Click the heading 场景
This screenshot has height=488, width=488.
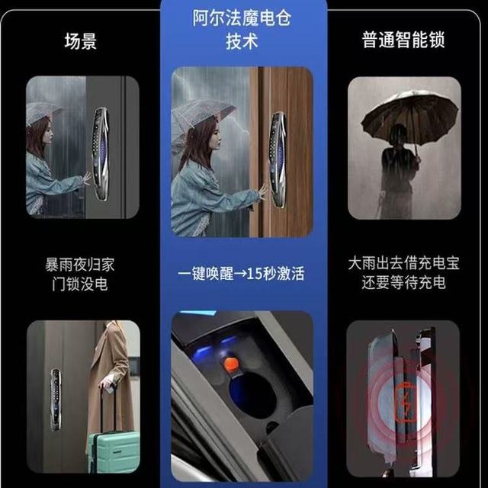click(x=81, y=41)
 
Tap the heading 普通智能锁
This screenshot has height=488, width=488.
click(x=403, y=40)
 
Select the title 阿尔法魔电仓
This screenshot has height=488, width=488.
click(x=242, y=18)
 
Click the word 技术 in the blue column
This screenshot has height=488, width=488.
click(x=242, y=41)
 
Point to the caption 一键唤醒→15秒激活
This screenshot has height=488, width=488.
click(x=241, y=274)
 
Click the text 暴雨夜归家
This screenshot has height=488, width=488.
click(x=80, y=265)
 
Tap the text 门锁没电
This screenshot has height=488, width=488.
click(x=80, y=284)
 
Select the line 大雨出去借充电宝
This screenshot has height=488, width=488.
click(x=403, y=263)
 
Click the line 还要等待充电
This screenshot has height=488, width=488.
click(x=403, y=283)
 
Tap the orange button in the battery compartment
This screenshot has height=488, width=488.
click(x=230, y=364)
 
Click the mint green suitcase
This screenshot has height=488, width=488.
click(x=114, y=451)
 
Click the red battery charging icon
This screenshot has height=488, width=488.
click(x=406, y=402)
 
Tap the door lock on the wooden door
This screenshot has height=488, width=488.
click(x=278, y=159)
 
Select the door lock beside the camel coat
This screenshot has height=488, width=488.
click(x=56, y=400)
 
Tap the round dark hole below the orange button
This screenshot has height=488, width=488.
click(x=252, y=395)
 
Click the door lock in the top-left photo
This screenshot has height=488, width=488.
click(x=100, y=154)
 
